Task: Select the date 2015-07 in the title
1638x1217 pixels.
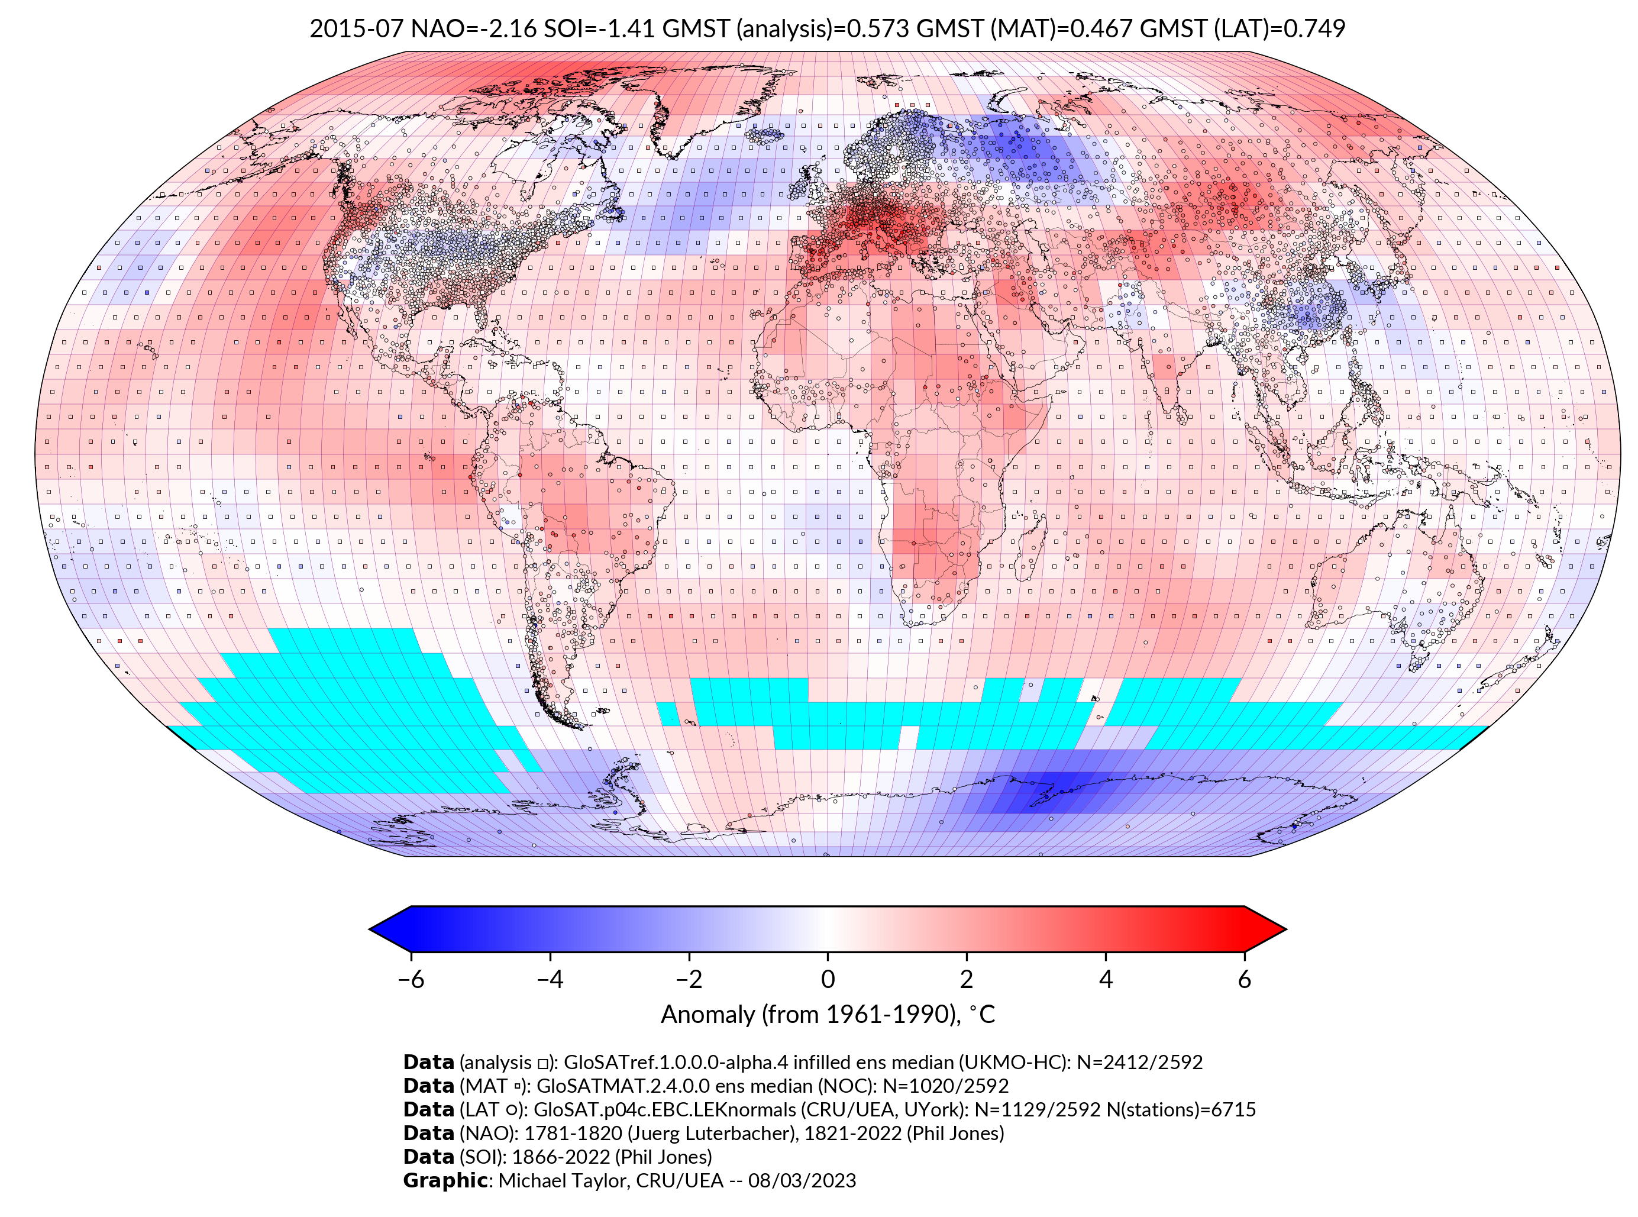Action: pyautogui.click(x=356, y=29)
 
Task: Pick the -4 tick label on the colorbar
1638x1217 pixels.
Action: pyautogui.click(x=550, y=979)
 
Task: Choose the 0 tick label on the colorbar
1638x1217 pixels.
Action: pyautogui.click(x=828, y=979)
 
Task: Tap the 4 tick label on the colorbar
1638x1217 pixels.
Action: pyautogui.click(x=1106, y=979)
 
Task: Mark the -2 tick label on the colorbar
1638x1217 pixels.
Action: pyautogui.click(x=689, y=979)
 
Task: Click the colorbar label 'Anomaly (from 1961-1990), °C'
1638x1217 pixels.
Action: pyautogui.click(x=828, y=1015)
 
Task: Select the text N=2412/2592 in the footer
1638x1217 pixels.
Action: pyautogui.click(x=1139, y=1063)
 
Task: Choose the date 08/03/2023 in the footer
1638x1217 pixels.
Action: pyautogui.click(x=802, y=1180)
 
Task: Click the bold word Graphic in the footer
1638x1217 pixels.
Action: pyautogui.click(x=445, y=1180)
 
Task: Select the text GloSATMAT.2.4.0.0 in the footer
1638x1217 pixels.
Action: pyautogui.click(x=623, y=1086)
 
